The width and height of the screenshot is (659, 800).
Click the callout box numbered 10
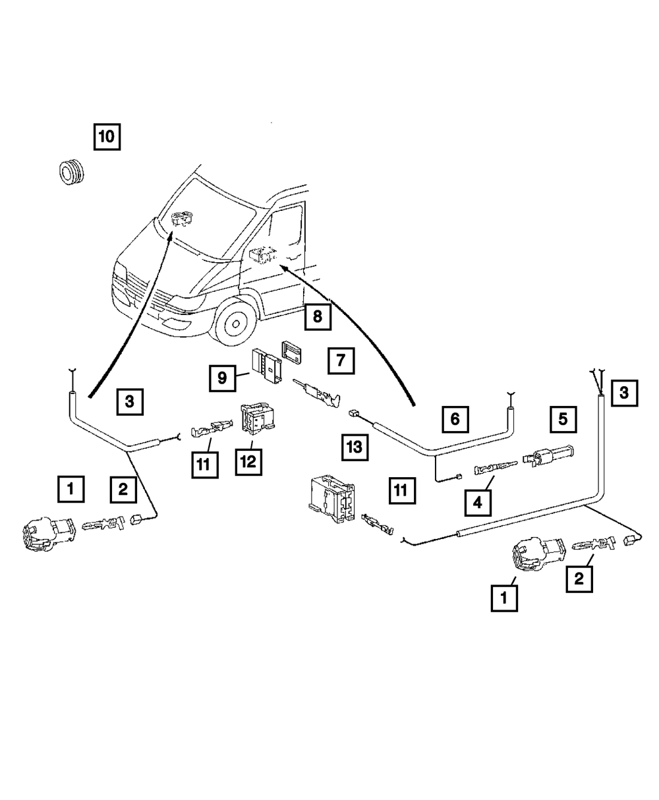click(107, 137)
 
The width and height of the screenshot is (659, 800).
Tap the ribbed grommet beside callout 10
click(71, 173)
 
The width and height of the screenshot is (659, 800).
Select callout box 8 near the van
click(318, 317)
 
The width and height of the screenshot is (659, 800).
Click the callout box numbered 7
click(341, 360)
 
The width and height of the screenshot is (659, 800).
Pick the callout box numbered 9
click(222, 378)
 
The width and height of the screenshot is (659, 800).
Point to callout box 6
click(455, 420)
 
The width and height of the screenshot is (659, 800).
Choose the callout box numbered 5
click(563, 420)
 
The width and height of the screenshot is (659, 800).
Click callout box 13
click(355, 447)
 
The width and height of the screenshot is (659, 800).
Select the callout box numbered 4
click(478, 503)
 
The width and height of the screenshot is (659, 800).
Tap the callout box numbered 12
click(248, 462)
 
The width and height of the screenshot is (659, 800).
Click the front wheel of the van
click(235, 324)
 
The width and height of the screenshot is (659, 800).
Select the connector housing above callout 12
click(257, 418)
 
